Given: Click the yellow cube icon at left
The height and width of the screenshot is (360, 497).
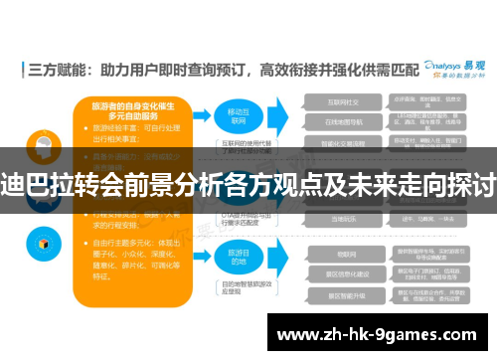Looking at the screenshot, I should (x=43, y=244).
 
